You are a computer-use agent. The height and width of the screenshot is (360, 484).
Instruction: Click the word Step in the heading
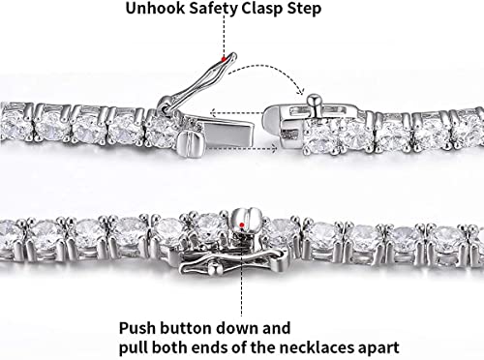pos(304,9)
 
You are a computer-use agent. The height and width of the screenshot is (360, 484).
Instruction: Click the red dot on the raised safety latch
pos(223,59)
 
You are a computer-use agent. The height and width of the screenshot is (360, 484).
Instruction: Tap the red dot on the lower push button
pos(242,225)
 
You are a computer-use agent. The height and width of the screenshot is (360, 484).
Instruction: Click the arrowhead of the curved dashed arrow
pos(301,91)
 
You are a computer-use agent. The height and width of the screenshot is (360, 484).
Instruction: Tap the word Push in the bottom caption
pos(137,328)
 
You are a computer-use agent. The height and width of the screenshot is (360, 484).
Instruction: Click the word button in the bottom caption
pos(186,328)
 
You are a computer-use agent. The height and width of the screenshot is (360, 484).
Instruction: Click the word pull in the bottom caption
pos(134,348)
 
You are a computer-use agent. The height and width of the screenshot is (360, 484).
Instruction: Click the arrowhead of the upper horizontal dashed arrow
pos(213,113)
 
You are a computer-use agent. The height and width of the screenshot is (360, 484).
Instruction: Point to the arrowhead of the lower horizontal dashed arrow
pos(274,149)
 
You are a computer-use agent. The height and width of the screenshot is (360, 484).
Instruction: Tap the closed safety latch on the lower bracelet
pos(234,262)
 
